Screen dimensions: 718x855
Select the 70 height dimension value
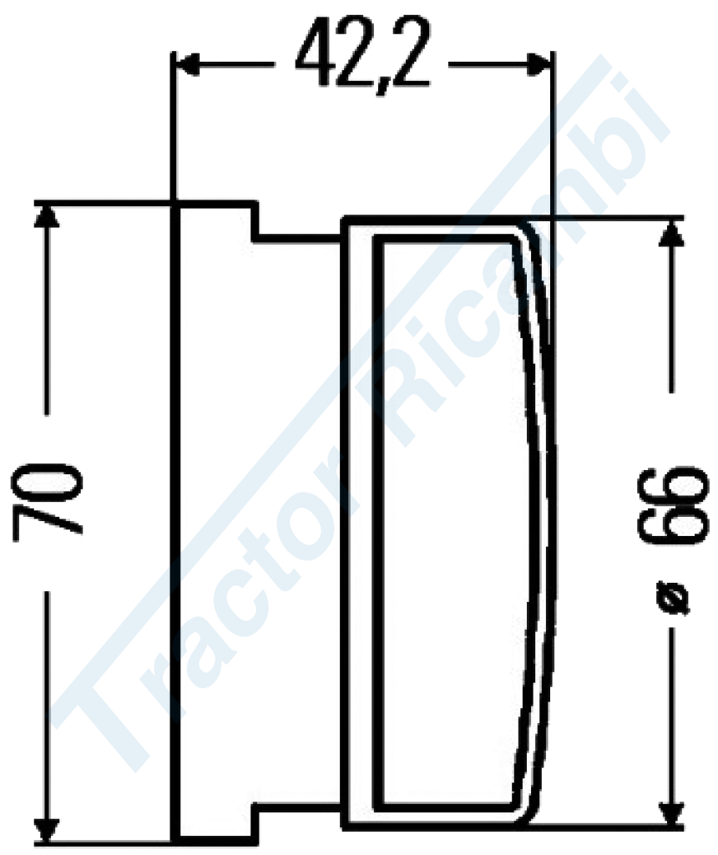[47, 502]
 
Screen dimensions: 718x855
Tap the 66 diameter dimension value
[673, 505]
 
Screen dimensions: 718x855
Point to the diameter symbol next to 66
[672, 598]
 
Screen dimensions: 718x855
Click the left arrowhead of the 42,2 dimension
[187, 65]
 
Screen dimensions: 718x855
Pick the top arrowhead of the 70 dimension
[47, 216]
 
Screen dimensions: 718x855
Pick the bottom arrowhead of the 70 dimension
[47, 829]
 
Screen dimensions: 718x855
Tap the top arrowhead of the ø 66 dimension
[671, 234]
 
